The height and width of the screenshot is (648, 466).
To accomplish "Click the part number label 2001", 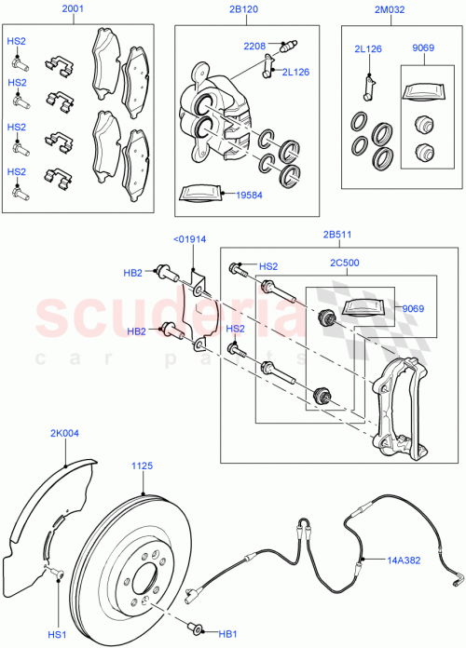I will pos(74,10).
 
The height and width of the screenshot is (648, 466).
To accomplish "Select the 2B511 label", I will pos(338,236).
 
